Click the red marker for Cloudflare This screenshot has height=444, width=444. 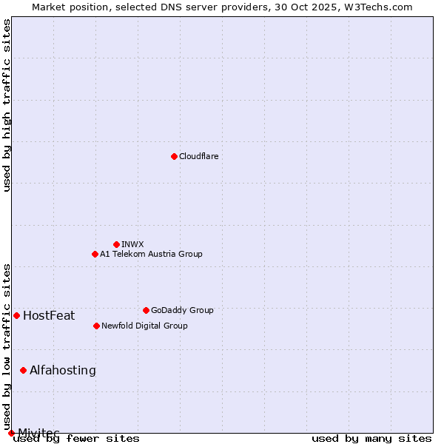(174, 156)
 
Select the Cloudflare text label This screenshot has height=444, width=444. (199, 156)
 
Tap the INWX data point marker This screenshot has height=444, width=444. (116, 244)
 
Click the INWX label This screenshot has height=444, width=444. (132, 244)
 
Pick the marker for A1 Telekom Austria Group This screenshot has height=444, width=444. (95, 254)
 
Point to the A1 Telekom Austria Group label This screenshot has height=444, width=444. (151, 254)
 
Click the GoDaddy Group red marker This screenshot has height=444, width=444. (146, 310)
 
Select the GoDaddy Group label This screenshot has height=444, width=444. (182, 310)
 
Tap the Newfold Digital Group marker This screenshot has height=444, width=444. (96, 326)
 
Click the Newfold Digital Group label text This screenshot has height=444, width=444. (144, 326)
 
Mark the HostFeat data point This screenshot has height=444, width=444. (16, 315)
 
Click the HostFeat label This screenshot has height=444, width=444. (49, 316)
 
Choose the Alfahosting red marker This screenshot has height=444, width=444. (23, 370)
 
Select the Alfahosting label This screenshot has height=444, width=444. (63, 370)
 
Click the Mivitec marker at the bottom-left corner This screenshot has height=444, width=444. (11, 433)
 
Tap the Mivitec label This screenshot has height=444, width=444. (38, 433)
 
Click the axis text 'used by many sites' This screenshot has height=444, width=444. (371, 439)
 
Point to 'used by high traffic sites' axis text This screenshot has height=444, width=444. (7, 105)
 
